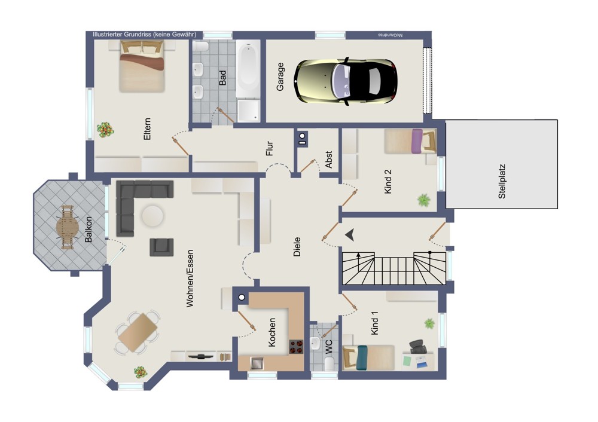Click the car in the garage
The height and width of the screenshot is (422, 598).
(346, 81)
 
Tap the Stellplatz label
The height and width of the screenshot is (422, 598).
(502, 182)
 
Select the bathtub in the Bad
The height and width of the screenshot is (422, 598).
(248, 69)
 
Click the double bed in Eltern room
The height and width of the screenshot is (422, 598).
(142, 66)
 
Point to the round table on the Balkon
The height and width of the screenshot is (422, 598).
(68, 227)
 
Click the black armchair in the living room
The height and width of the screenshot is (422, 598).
(161, 247)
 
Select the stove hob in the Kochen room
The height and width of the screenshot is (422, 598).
(296, 347)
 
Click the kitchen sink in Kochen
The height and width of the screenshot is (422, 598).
(257, 363)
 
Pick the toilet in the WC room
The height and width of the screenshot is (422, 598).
(329, 363)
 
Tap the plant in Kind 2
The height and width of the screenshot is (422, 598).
(424, 200)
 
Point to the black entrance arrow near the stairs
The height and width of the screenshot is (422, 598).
(350, 235)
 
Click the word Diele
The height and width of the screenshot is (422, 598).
(297, 247)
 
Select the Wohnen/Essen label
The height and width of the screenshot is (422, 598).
(190, 279)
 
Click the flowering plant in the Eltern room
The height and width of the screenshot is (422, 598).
(105, 130)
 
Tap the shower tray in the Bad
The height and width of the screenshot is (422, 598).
(248, 111)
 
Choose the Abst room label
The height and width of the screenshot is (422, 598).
(328, 160)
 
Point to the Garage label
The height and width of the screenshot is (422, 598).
(280, 77)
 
